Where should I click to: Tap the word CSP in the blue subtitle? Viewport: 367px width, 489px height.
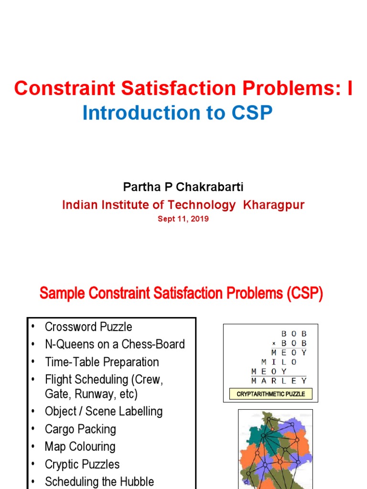(x=252, y=113)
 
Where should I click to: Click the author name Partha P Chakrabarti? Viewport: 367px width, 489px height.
(x=183, y=187)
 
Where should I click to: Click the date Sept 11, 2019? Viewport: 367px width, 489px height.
(x=183, y=219)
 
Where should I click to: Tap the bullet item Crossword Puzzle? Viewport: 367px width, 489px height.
(x=88, y=327)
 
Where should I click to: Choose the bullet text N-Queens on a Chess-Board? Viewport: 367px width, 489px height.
(x=115, y=344)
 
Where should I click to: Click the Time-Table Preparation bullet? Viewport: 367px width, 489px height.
(x=102, y=362)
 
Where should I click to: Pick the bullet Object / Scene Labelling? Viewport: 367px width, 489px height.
(x=104, y=411)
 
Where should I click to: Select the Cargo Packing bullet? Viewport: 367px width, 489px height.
(x=80, y=429)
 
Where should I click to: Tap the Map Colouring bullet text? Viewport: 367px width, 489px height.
(x=80, y=446)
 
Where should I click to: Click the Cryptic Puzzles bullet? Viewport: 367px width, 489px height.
(x=82, y=464)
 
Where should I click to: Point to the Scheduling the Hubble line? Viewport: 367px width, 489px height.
(x=99, y=481)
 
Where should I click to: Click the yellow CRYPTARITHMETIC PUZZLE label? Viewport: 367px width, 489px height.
(x=270, y=394)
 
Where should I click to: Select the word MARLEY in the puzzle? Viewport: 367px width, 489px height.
(x=279, y=381)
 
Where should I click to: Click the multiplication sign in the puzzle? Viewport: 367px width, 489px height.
(x=274, y=344)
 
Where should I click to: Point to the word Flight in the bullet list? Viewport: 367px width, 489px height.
(x=60, y=380)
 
